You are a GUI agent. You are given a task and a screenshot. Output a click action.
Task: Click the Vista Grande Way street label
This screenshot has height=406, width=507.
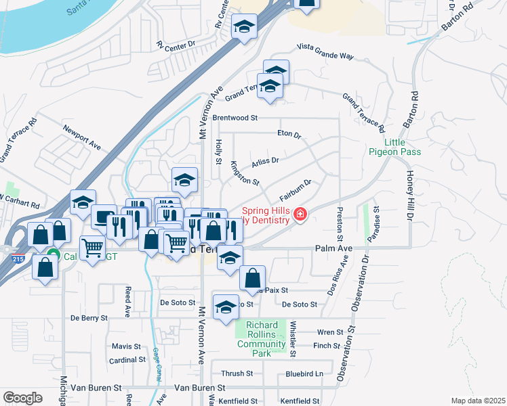point(325,52)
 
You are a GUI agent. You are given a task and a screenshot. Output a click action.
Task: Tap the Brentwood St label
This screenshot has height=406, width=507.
point(236,117)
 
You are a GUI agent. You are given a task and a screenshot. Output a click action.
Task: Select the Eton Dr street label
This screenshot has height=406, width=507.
point(289,134)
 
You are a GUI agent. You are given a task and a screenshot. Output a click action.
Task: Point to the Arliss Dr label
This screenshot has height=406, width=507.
point(265,161)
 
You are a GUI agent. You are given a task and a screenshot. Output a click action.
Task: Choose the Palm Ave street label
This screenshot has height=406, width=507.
point(334,249)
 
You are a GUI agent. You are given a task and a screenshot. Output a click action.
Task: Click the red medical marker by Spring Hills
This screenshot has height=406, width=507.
point(300,215)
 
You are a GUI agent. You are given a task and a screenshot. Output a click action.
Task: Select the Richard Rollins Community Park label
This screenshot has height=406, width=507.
point(261,339)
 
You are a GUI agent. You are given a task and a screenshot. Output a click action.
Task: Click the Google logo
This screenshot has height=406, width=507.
point(23,398)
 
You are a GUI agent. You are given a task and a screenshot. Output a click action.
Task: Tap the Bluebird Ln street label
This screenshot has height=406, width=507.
point(304,373)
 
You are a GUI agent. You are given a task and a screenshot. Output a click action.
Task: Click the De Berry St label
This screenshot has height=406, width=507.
point(89,317)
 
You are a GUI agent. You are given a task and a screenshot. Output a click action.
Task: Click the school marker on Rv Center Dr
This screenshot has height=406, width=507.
point(243,28)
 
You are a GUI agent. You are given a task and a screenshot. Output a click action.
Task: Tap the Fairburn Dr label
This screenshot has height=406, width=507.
point(294,189)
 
